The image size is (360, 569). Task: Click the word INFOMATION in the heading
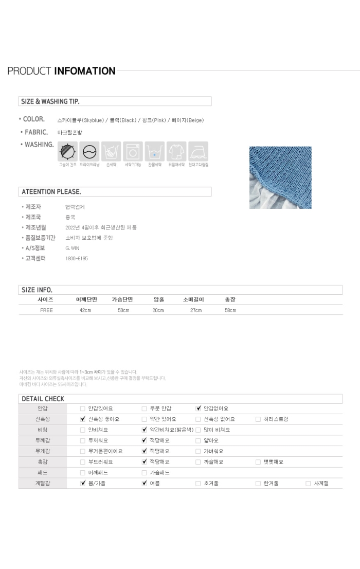tap(85, 71)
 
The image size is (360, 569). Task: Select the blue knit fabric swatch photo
tap(280, 177)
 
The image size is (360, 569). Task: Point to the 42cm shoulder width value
tap(85, 310)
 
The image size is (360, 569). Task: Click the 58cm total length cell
tap(230, 310)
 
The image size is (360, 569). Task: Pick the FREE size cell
tap(46, 310)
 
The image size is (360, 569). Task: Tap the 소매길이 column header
tap(193, 299)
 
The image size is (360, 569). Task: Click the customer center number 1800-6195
tap(77, 258)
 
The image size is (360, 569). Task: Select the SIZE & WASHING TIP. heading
tap(50, 101)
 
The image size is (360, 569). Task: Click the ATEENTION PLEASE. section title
tap(51, 192)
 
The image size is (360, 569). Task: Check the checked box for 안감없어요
tap(198, 408)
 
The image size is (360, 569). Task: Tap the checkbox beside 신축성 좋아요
tap(83, 419)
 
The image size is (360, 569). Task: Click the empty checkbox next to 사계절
tap(308, 484)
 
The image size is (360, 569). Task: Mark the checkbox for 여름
tap(145, 484)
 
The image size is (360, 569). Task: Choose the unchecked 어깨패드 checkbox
tap(83, 473)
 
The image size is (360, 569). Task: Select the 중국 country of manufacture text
tap(70, 217)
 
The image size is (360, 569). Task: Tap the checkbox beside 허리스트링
tap(258, 419)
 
